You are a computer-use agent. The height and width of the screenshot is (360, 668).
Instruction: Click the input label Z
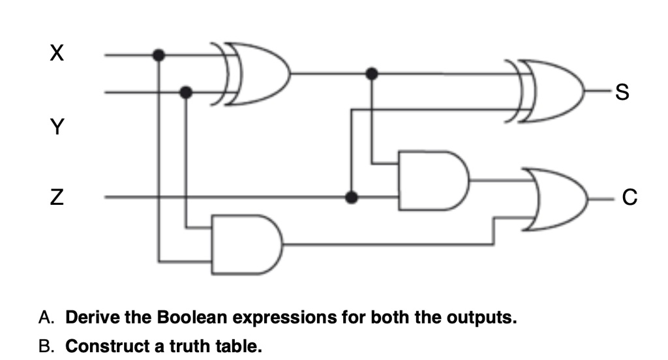coord(57,195)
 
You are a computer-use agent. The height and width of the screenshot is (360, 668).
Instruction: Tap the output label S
coord(621,96)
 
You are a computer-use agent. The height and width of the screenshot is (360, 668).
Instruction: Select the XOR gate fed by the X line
coord(254,74)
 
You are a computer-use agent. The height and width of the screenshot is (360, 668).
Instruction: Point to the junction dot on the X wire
coord(158,55)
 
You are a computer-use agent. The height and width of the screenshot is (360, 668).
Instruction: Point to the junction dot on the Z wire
coord(351,196)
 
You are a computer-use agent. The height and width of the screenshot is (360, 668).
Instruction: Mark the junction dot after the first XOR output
coord(372,73)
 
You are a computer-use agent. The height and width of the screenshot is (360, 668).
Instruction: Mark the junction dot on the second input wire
coord(187,92)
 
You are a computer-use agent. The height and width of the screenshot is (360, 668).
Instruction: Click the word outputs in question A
coord(480,318)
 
